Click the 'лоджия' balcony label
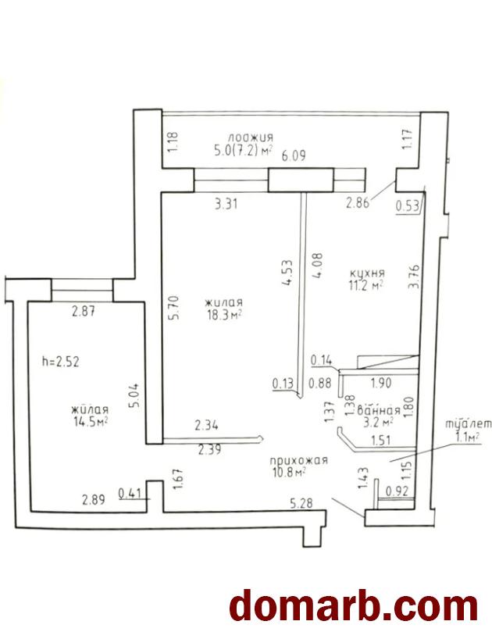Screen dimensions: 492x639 tap(251, 137)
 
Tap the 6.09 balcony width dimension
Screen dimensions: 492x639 tap(293, 155)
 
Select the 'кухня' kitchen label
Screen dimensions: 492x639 tap(367, 273)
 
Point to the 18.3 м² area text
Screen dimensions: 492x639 tap(223, 315)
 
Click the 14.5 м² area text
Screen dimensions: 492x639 tap(90, 422)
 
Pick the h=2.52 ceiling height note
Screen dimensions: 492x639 tap(61, 362)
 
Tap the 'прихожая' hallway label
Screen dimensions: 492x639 tap(298, 461)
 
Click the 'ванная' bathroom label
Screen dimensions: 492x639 tap(378, 410)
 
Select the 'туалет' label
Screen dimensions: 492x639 tap(468, 424)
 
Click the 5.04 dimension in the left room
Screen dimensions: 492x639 tap(136, 395)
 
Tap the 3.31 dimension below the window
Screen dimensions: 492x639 tap(226, 204)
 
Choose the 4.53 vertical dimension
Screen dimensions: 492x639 tap(287, 273)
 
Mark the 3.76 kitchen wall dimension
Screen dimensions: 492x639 tap(414, 277)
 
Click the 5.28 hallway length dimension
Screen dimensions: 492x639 tap(301, 503)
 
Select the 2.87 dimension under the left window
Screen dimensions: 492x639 tap(84, 312)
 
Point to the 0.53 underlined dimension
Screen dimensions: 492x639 tap(408, 205)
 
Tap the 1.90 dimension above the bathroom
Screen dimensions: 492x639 tap(381, 383)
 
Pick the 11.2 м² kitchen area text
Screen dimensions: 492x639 tap(366, 285)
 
